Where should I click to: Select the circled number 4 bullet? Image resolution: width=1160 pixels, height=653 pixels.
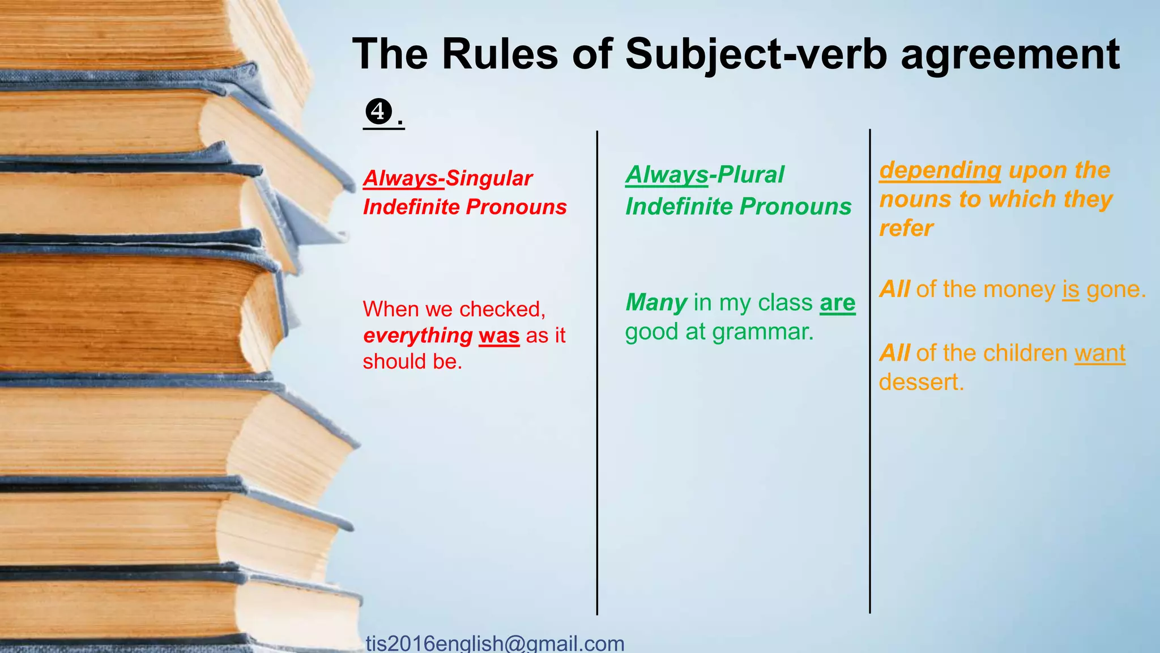pyautogui.click(x=378, y=112)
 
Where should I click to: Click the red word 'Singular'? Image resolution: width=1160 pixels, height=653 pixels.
pyautogui.click(x=489, y=179)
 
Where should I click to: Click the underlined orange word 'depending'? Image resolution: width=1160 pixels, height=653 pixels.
pyautogui.click(x=940, y=170)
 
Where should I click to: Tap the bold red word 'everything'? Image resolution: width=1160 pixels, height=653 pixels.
pyautogui.click(x=417, y=336)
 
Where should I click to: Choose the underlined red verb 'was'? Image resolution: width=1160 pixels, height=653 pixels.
pyautogui.click(x=499, y=336)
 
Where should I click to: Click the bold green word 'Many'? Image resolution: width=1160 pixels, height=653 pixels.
pyautogui.click(x=656, y=303)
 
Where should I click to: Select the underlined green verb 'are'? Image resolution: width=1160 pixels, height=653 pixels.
pyautogui.click(x=837, y=303)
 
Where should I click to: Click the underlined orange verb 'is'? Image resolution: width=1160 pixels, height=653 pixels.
pyautogui.click(x=1071, y=290)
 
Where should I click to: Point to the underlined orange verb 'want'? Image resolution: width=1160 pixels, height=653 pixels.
pyautogui.click(x=1099, y=353)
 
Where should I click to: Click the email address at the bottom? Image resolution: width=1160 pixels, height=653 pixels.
pyautogui.click(x=494, y=643)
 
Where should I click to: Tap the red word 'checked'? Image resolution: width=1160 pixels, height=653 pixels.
pyautogui.click(x=500, y=309)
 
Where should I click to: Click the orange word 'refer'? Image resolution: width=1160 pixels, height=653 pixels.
pyautogui.click(x=906, y=228)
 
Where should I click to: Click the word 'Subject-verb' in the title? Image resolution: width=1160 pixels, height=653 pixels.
pyautogui.click(x=756, y=55)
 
